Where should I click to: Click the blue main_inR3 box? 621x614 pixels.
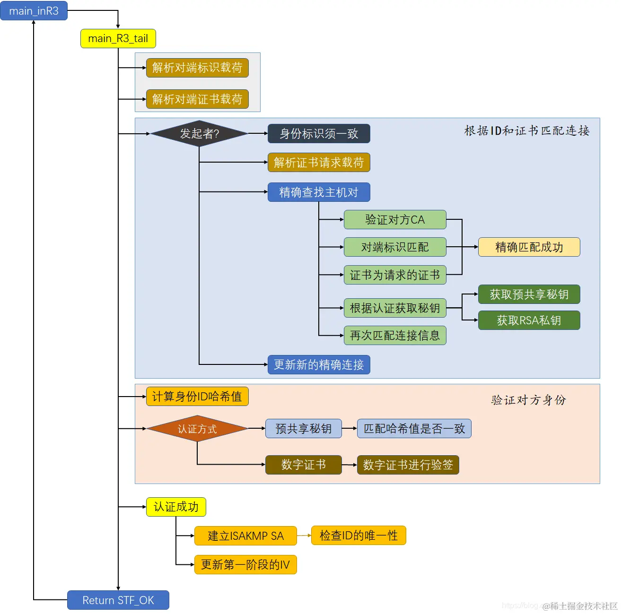(x=34, y=11)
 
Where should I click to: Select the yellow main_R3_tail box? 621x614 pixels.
(x=118, y=38)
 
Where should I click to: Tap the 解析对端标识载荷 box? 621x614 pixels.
(x=197, y=68)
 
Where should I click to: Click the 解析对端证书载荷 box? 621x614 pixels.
(x=197, y=99)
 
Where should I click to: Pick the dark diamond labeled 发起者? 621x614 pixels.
(x=199, y=134)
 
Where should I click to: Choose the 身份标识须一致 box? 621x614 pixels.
(x=318, y=134)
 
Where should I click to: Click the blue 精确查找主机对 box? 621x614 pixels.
(x=318, y=192)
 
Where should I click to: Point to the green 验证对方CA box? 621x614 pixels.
(x=394, y=220)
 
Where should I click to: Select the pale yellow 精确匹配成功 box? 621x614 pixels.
(x=529, y=247)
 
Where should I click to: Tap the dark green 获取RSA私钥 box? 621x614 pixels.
(x=529, y=320)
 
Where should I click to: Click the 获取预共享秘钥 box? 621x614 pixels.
(x=529, y=294)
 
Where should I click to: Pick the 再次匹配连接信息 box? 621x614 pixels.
(x=394, y=336)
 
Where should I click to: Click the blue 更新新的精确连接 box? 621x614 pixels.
(x=318, y=365)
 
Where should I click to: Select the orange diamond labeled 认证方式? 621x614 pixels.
(x=197, y=429)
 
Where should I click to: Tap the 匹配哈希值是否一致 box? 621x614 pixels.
(x=414, y=429)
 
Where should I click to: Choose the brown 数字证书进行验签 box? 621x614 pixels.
(x=408, y=465)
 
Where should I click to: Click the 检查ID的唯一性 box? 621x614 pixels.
(x=358, y=536)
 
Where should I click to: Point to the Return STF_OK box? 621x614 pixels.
(x=118, y=600)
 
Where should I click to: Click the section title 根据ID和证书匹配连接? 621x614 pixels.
(x=526, y=131)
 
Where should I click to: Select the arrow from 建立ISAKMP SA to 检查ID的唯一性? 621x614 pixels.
(x=304, y=536)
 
